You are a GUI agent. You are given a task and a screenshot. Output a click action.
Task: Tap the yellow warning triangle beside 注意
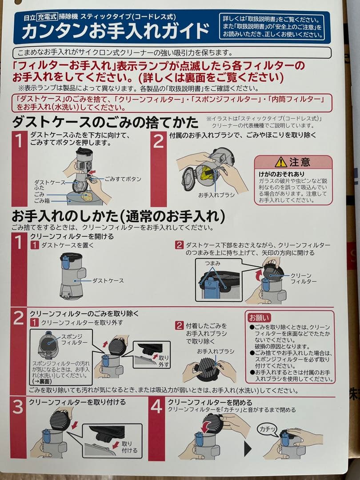[x=280, y=162]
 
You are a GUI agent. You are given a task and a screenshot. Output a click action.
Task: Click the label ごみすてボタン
[x=123, y=179]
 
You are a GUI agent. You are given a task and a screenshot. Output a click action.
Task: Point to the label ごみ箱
[x=42, y=200]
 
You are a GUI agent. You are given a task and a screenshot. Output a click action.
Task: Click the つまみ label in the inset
[x=213, y=264]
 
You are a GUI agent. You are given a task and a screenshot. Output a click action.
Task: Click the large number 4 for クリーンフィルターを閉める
[x=156, y=407]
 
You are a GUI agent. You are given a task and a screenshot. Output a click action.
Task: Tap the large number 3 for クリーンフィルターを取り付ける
[x=18, y=407]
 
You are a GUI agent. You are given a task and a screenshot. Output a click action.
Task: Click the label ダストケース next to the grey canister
[x=108, y=280]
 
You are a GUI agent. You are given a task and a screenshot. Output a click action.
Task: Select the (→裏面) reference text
[x=42, y=381]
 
